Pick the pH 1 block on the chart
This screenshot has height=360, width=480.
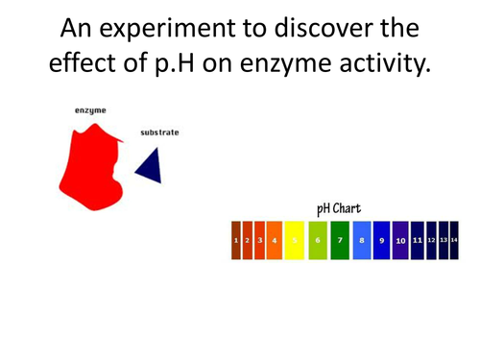236,240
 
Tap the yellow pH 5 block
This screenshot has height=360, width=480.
296,240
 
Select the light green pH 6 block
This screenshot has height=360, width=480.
318,240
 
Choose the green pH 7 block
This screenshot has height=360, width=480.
339,240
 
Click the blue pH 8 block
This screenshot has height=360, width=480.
361,240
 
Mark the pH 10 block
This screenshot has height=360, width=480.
400,240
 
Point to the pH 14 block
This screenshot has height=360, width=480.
454,240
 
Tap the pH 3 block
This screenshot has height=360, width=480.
258,240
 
